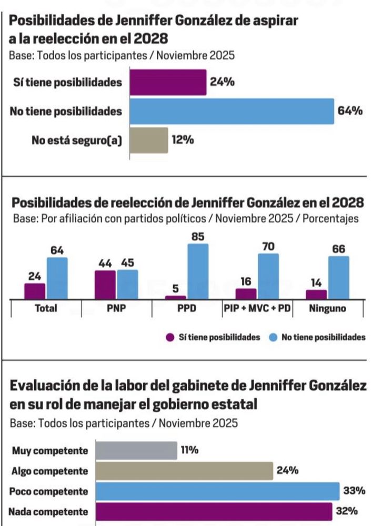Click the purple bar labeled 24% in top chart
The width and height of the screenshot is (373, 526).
click(168, 83)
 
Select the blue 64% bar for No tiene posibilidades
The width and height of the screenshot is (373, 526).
click(231, 111)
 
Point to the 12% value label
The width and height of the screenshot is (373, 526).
click(183, 140)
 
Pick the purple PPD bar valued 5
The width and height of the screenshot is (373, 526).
click(175, 298)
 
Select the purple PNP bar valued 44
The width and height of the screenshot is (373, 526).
click(105, 285)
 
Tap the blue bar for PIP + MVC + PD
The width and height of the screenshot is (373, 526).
click(268, 277)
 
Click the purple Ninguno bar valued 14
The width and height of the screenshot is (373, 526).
click(316, 295)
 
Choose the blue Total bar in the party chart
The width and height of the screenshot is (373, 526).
click(57, 278)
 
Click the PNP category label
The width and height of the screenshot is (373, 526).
click(116, 309)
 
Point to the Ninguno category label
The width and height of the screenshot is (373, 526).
click(327, 309)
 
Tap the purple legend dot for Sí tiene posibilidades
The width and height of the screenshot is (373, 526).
click(170, 337)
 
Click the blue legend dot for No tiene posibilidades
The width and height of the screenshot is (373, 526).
click(273, 337)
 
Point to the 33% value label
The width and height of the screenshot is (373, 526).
click(355, 491)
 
